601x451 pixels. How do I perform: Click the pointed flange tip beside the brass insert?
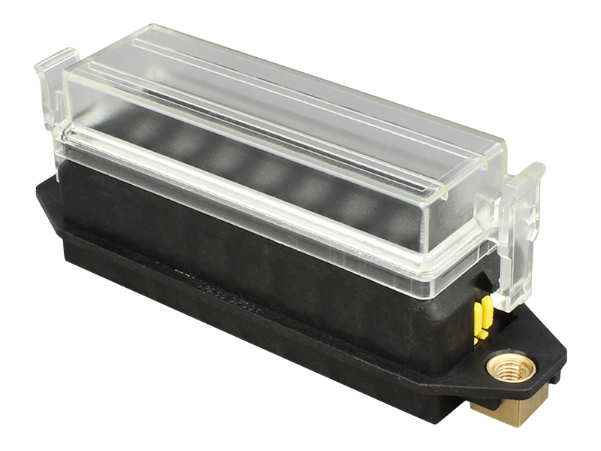[560, 353]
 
